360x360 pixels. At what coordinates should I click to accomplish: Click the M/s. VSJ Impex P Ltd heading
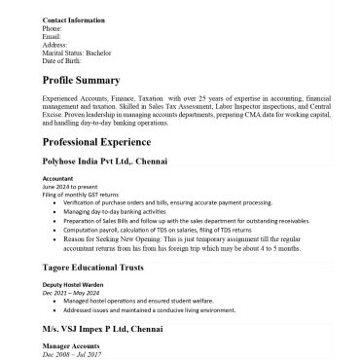(109, 331)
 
